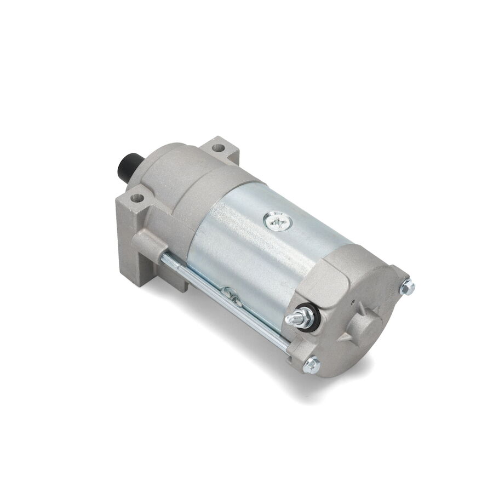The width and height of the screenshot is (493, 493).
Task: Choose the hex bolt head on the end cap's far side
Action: (x=407, y=286)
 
